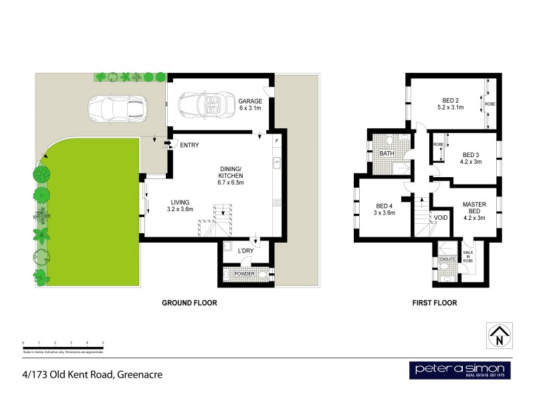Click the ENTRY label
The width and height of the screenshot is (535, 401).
tap(189, 145)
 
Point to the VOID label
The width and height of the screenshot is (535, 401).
tap(441, 218)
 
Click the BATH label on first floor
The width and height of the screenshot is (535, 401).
tap(387, 154)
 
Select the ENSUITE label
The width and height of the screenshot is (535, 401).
tap(447, 259)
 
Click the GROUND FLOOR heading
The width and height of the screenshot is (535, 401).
tap(190, 303)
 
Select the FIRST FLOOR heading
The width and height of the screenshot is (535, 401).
tap(434, 303)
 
